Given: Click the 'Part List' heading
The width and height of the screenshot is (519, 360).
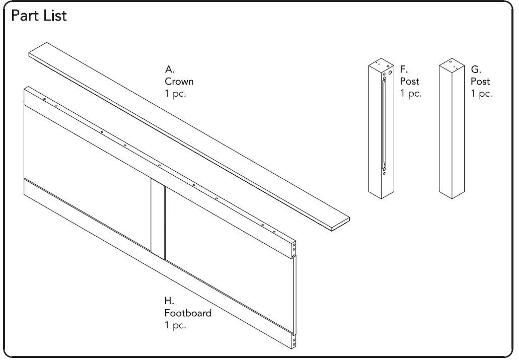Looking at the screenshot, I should [39, 16].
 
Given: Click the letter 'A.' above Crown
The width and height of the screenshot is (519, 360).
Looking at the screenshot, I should [170, 70].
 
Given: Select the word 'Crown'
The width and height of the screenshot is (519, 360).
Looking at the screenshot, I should [179, 82].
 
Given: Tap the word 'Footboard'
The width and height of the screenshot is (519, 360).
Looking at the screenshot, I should [188, 313].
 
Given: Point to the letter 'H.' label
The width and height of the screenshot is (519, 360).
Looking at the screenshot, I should [169, 301].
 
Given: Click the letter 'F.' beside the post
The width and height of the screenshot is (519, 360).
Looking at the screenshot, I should [404, 70].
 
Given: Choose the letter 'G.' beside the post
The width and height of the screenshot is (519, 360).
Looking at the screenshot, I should [476, 70].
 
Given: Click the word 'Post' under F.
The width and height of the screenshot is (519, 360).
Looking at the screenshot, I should [409, 82].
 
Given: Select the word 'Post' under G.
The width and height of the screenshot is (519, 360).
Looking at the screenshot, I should [480, 82].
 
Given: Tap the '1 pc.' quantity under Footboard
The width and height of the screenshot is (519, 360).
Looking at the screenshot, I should [175, 325].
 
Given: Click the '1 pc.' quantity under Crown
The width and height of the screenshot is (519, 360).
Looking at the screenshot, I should [175, 94].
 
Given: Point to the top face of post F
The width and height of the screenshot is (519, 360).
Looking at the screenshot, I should [381, 65].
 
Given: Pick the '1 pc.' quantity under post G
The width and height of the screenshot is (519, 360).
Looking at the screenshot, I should [481, 94].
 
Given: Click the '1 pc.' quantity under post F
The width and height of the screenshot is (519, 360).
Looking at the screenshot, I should [411, 94].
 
